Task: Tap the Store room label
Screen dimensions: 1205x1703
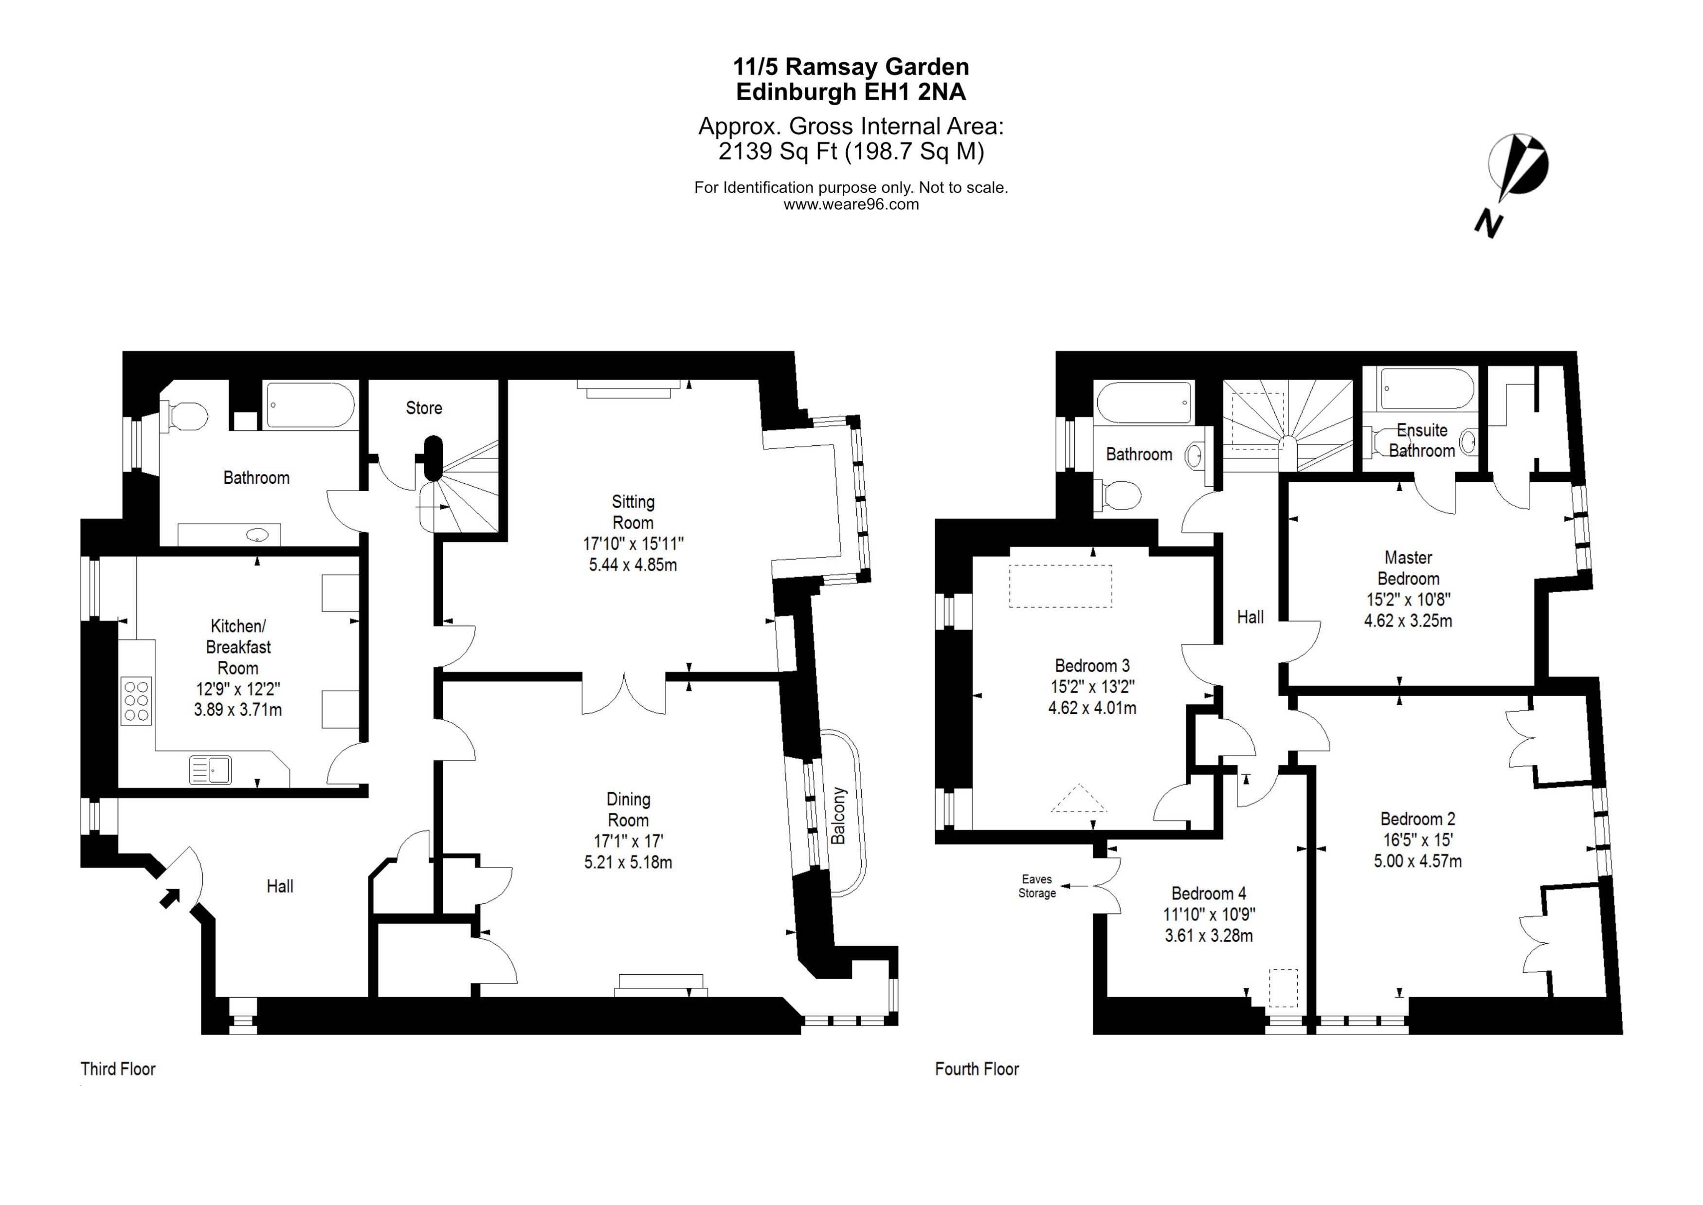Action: tap(423, 408)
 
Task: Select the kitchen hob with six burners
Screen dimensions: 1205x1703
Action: tap(136, 701)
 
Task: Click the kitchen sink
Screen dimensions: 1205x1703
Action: tap(211, 770)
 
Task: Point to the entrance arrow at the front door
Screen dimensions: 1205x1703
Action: tap(170, 898)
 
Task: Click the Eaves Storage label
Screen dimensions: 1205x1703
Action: tap(1036, 886)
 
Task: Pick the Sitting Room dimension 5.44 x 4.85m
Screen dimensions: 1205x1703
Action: tap(633, 565)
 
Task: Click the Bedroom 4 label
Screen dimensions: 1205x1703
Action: tap(1208, 894)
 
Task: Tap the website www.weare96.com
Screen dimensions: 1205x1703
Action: tap(851, 205)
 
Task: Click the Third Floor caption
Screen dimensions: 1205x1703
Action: tap(118, 1069)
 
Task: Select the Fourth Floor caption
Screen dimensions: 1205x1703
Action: tap(977, 1069)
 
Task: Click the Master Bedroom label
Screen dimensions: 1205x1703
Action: tap(1408, 567)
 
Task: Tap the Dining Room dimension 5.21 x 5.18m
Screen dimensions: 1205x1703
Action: tap(628, 862)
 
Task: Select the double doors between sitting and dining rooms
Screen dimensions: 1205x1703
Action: tap(624, 694)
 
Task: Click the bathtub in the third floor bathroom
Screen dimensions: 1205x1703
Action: tap(310, 405)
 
